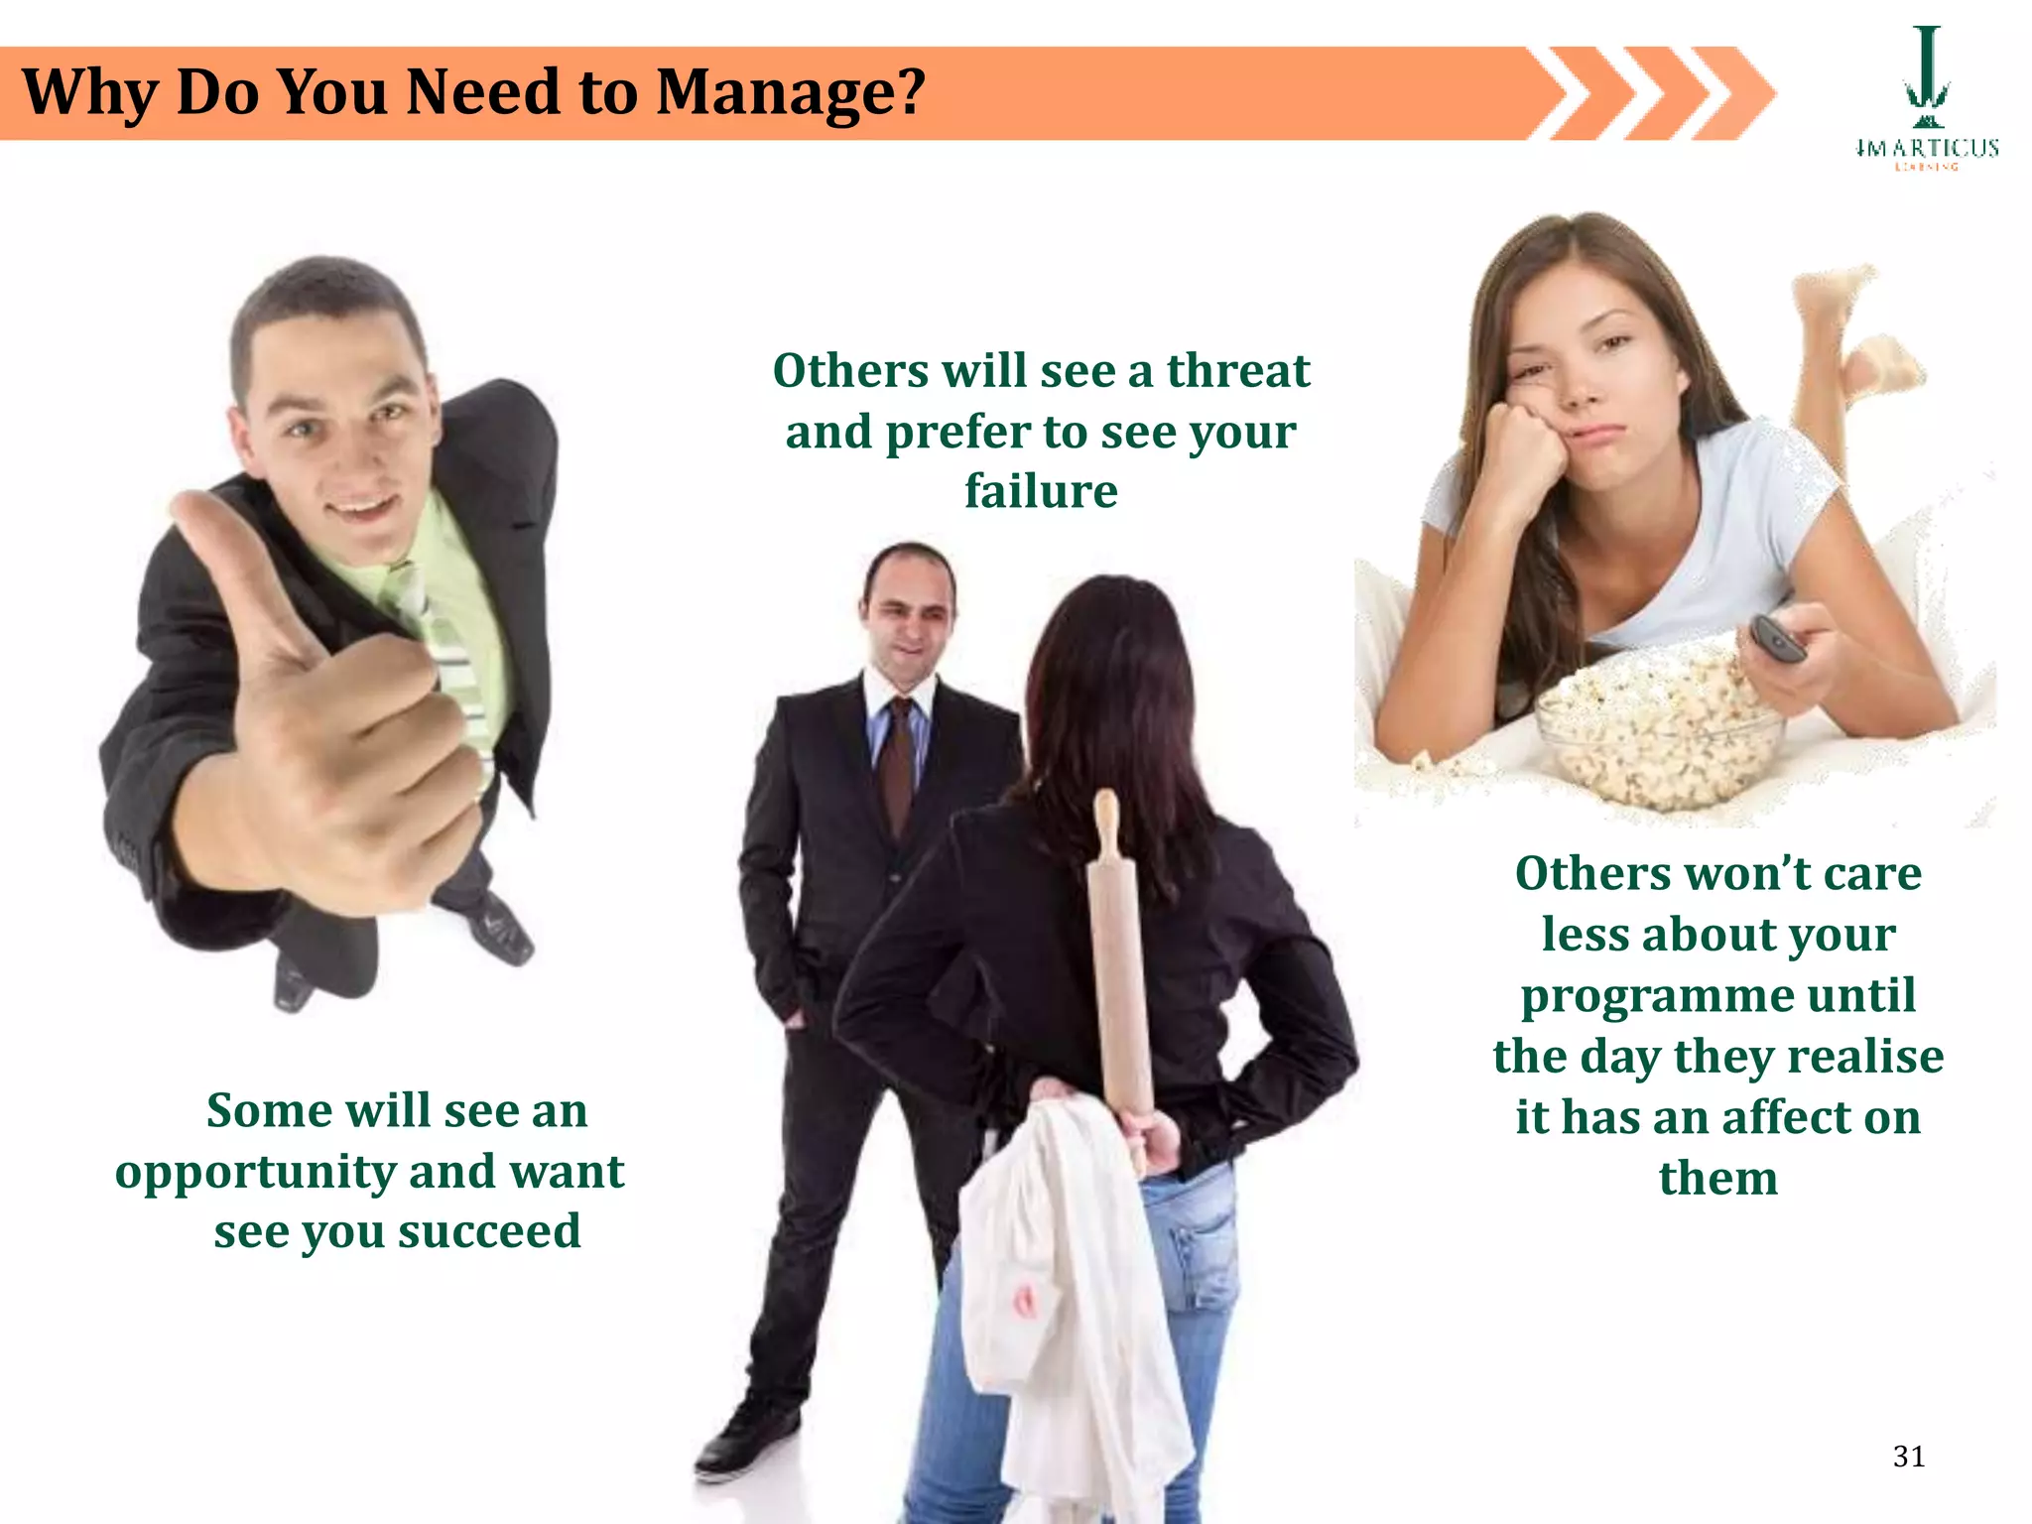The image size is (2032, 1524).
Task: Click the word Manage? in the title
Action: (x=790, y=92)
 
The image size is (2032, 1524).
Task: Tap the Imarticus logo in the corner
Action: (x=1926, y=99)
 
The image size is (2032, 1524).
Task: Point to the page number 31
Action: (x=1909, y=1457)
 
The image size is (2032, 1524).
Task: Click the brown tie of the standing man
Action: (x=898, y=764)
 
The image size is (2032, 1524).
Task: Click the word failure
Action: (x=1041, y=491)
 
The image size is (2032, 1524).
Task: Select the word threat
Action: (x=1237, y=371)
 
